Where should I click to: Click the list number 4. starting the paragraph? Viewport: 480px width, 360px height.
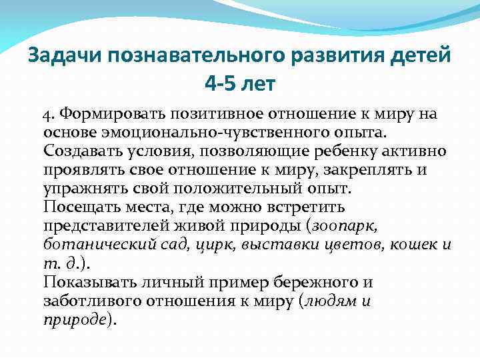tap(50, 114)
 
